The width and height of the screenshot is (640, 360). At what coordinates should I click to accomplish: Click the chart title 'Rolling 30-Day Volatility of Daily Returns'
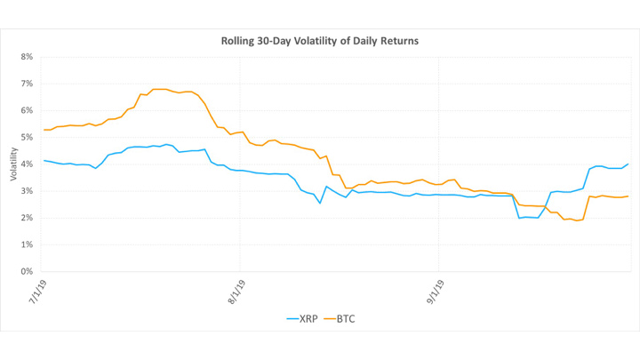coord(320,41)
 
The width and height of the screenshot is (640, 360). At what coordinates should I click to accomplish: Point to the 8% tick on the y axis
coord(27,57)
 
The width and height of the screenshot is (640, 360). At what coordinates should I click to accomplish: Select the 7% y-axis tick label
coord(27,84)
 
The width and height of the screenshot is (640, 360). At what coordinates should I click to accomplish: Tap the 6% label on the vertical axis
coord(27,110)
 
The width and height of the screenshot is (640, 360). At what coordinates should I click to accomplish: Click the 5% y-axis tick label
coord(27,137)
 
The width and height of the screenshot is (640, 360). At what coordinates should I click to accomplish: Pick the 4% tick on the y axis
coord(27,164)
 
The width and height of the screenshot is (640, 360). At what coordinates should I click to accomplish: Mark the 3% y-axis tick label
coord(27,191)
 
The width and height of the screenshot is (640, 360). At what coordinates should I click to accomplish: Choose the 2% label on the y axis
coord(27,218)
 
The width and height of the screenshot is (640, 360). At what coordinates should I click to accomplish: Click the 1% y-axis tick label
coord(27,244)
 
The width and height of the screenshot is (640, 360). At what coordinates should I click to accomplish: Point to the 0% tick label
coord(27,271)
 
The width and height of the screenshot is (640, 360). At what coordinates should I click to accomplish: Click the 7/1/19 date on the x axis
coord(37,292)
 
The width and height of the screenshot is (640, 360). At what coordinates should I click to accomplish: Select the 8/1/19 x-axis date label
coord(236,292)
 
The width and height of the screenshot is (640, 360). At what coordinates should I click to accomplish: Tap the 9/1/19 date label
coord(436,292)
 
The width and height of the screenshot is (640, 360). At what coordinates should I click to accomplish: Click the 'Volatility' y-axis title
coord(14,164)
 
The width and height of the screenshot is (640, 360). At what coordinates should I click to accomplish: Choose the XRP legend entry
coord(302,319)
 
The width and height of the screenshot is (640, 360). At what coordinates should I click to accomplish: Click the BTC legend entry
coord(340,319)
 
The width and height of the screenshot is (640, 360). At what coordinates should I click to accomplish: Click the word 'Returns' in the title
coord(401,41)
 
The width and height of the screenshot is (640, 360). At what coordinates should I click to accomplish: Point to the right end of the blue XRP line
coord(628,164)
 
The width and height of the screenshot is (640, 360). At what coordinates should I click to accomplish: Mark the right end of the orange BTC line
coord(628,196)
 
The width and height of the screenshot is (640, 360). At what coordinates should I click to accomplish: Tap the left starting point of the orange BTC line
coord(44,130)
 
